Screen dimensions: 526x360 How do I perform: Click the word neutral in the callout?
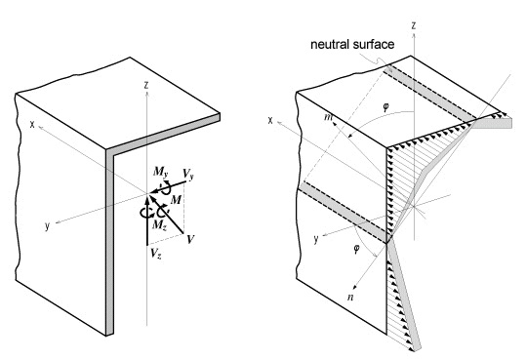tap(330, 44)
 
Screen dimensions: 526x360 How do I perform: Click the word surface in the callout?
tap(373, 44)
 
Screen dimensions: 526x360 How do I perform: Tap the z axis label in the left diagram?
tap(146, 85)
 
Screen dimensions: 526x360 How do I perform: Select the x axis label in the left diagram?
tap(32, 124)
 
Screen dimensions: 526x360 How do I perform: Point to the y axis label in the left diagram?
tap(47, 226)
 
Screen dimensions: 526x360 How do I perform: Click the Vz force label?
tap(156, 253)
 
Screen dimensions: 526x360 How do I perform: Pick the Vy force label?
tap(188, 175)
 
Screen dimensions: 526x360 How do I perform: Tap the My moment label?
tap(161, 173)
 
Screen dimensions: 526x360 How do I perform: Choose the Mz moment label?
tap(159, 224)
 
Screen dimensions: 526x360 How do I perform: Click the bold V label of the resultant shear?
tap(190, 239)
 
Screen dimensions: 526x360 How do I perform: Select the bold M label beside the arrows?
tap(176, 200)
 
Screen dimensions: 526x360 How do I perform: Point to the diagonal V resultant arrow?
tap(166, 214)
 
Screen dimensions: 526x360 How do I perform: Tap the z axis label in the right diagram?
tap(414, 25)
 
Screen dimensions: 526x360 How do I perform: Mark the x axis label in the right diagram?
tap(270, 120)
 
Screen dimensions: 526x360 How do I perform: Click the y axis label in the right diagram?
tap(315, 240)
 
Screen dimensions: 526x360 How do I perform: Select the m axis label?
tap(328, 117)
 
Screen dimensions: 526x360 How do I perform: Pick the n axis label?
tap(350, 298)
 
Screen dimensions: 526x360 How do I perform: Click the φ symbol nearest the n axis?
tap(356, 249)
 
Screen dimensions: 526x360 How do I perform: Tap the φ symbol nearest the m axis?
tap(385, 107)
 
